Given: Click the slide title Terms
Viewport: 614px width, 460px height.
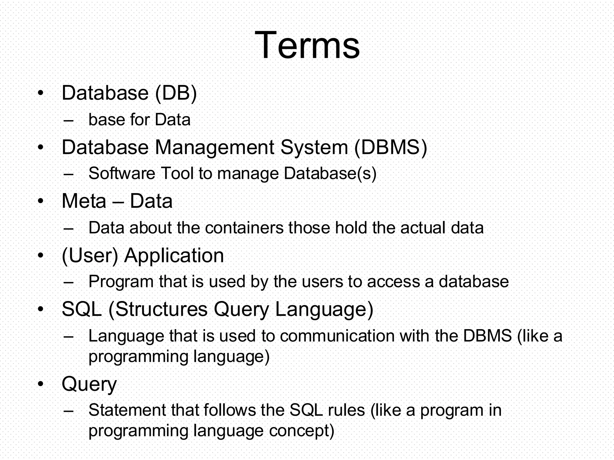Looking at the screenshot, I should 307,46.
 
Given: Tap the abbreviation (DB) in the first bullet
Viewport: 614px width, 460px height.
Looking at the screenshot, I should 176,93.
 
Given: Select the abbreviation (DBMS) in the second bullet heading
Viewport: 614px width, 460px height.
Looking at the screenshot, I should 390,147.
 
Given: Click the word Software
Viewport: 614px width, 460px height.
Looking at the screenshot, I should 122,173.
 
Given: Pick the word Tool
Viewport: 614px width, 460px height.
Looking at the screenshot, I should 177,173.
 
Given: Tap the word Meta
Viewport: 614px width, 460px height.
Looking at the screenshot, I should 84,201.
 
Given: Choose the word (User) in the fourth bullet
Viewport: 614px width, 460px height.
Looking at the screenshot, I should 90,256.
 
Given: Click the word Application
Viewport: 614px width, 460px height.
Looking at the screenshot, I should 174,256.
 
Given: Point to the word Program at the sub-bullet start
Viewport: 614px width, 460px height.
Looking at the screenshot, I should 121,282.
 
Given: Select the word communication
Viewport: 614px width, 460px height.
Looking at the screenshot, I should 337,336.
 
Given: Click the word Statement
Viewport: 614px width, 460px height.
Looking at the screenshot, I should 127,410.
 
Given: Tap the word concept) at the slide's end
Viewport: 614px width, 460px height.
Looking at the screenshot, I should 302,431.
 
